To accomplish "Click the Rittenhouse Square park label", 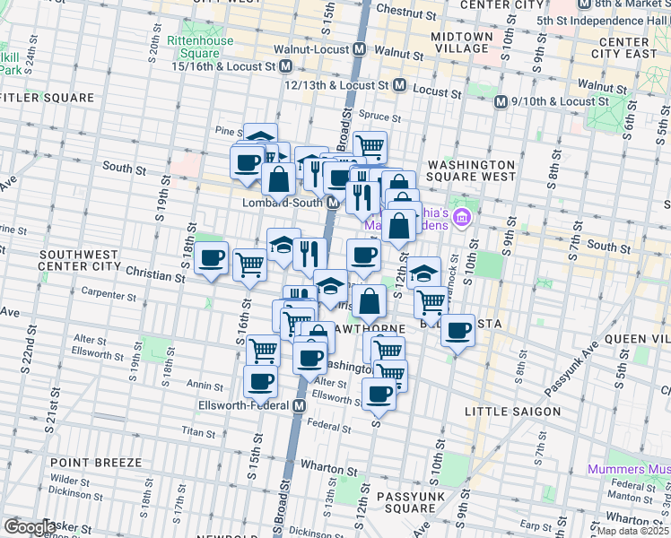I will point(203,47).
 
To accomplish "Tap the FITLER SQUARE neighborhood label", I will point(48,97).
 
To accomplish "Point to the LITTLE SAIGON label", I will point(512,412).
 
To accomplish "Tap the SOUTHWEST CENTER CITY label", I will point(80,260).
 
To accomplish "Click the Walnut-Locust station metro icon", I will point(359,48).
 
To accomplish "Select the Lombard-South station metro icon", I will point(332,203).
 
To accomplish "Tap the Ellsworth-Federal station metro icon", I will point(302,405).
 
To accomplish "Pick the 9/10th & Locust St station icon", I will point(501,101).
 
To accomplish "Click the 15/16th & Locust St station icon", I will point(286,66).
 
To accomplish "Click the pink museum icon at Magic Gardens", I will point(462,216).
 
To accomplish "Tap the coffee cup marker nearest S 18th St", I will point(212,259).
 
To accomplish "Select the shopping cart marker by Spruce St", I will point(370,145).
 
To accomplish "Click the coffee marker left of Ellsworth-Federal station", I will point(261,380).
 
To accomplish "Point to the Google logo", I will point(30,527).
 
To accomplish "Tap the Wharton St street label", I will point(322,466).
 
